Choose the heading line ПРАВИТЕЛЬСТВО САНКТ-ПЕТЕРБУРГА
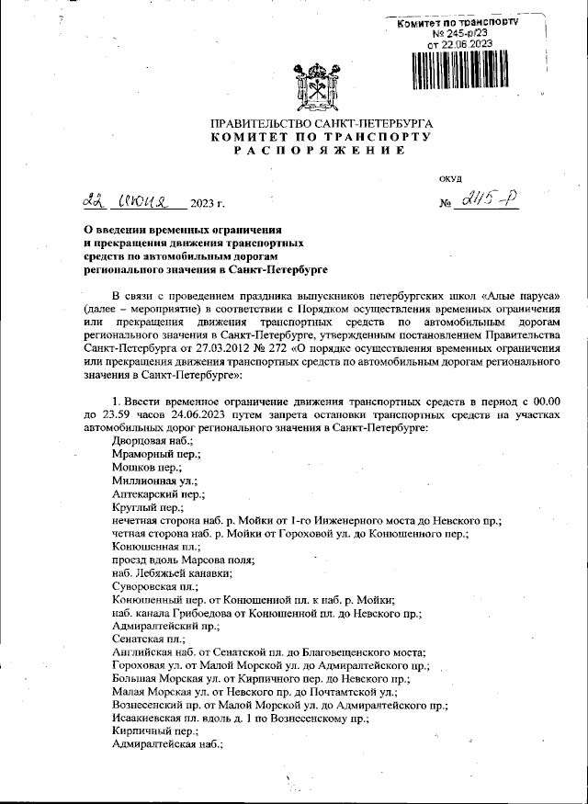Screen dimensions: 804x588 (x=321, y=123)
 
